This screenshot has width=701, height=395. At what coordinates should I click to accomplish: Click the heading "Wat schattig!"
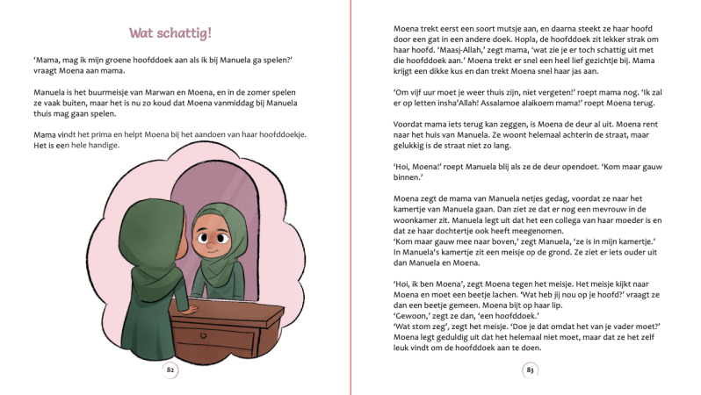(170, 34)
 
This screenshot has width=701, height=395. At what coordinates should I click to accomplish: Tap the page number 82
(170, 370)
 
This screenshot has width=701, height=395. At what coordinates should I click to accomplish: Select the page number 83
(530, 370)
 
